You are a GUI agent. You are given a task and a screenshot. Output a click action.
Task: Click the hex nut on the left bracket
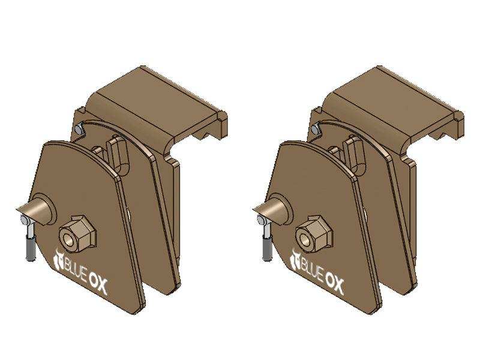tap(78, 232)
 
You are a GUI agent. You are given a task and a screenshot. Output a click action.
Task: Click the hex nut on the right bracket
tap(314, 233)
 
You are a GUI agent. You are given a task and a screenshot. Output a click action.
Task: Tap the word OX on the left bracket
tap(98, 284)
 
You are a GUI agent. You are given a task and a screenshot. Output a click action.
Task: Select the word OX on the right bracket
tap(334, 284)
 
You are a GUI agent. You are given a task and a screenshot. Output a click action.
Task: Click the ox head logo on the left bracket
tap(58, 260)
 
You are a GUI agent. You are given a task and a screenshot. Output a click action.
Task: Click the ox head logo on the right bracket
tap(295, 260)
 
